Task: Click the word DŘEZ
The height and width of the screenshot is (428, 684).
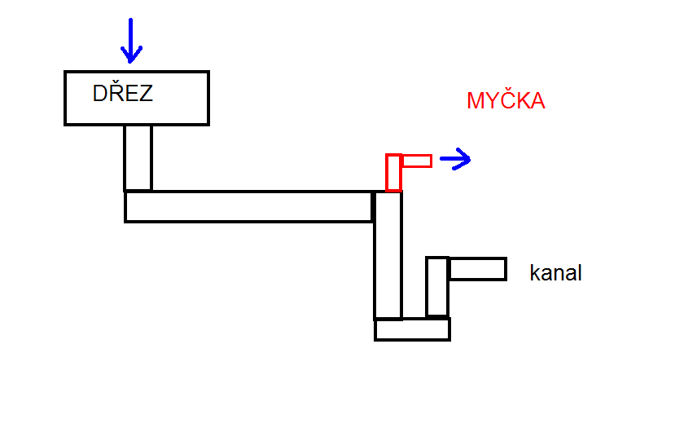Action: tap(122, 94)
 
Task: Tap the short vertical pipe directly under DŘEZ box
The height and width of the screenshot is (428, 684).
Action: tap(138, 157)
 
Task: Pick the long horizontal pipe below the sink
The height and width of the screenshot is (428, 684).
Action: tap(248, 206)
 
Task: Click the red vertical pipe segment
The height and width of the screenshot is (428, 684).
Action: tap(393, 172)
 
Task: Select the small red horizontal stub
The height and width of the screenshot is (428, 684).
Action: tap(417, 161)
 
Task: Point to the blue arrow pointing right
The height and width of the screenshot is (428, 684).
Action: tap(455, 160)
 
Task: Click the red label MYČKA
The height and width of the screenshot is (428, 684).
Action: tap(505, 102)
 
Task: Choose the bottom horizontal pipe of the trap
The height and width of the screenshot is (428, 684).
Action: tap(412, 329)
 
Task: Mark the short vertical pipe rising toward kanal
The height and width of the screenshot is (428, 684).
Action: tap(437, 287)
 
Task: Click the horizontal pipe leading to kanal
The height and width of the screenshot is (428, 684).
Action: tap(477, 268)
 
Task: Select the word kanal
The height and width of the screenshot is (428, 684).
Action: tap(555, 273)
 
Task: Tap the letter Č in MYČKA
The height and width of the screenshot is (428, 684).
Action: tap(507, 101)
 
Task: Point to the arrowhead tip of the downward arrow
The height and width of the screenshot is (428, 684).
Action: tap(130, 62)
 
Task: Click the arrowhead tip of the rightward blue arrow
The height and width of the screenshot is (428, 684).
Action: tap(471, 160)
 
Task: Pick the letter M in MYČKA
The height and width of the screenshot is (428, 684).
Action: tap(476, 102)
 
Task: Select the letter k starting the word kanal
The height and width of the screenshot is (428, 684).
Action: tap(534, 273)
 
